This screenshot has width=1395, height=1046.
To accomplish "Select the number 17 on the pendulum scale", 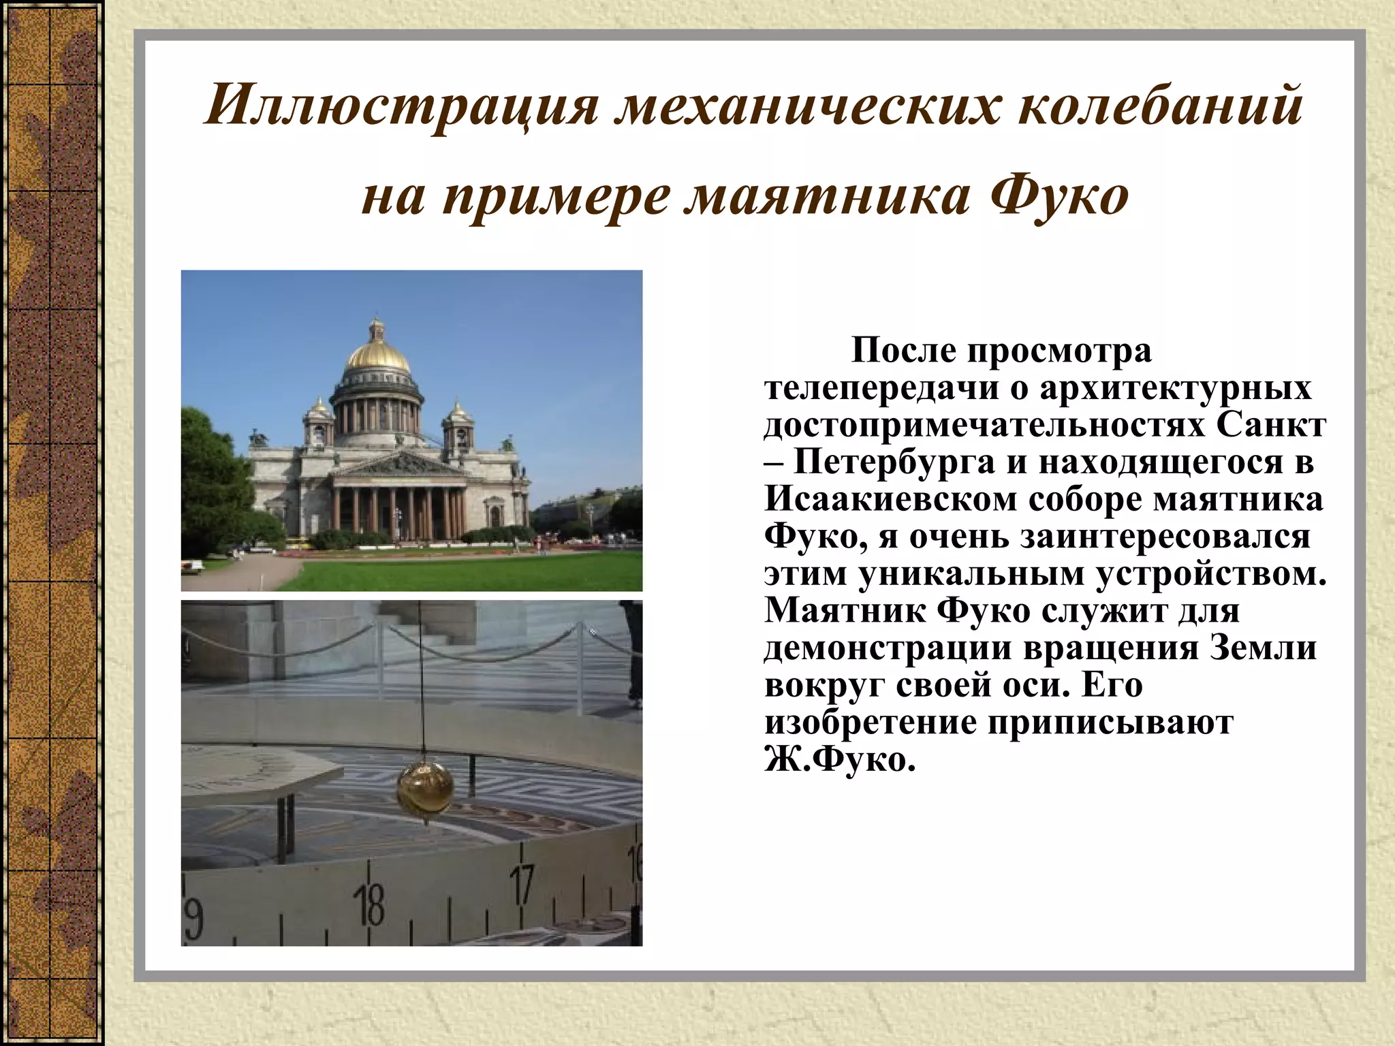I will (522, 885).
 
